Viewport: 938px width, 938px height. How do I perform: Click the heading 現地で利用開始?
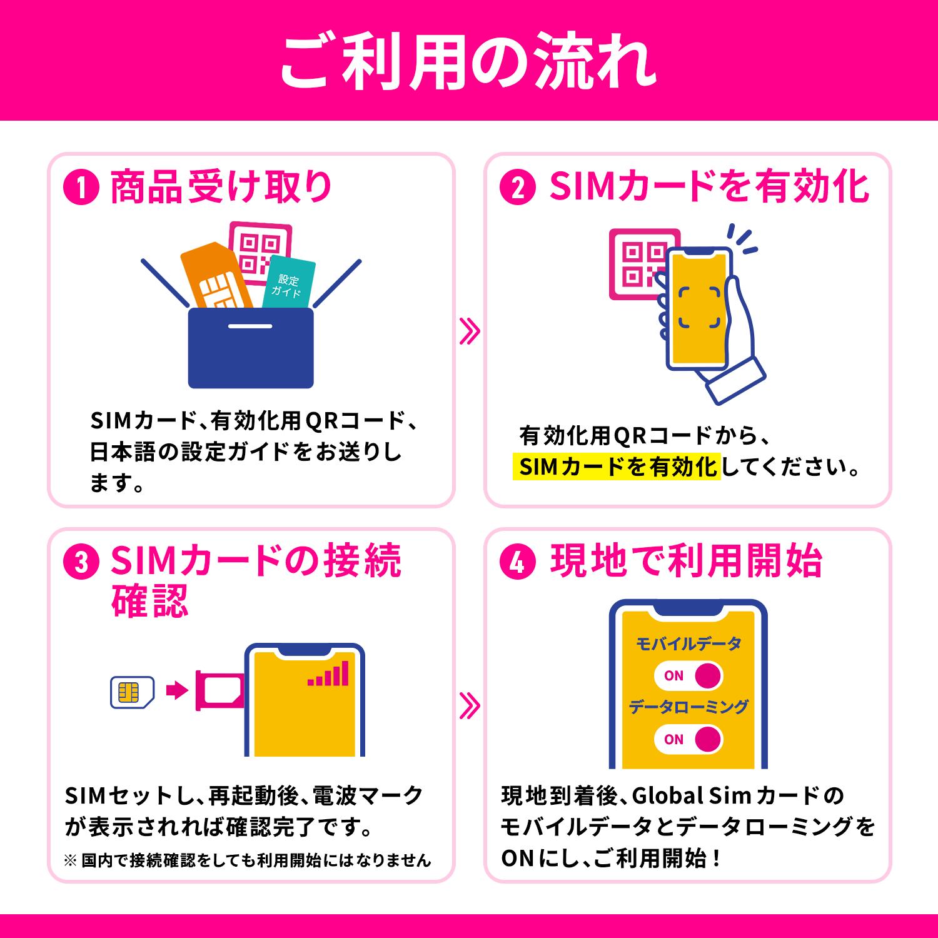click(686, 561)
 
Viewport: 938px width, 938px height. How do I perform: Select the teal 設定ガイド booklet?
click(288, 285)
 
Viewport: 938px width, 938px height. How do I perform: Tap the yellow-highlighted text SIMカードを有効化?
click(617, 466)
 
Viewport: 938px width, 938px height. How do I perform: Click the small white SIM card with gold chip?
click(131, 692)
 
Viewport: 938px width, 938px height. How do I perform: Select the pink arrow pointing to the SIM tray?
click(177, 692)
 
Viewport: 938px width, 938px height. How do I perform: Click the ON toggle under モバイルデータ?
click(688, 675)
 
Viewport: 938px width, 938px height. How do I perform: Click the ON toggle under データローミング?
click(688, 739)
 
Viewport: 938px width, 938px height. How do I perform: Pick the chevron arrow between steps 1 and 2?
click(469, 331)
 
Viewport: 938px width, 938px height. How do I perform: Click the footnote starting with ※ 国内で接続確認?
click(248, 860)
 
